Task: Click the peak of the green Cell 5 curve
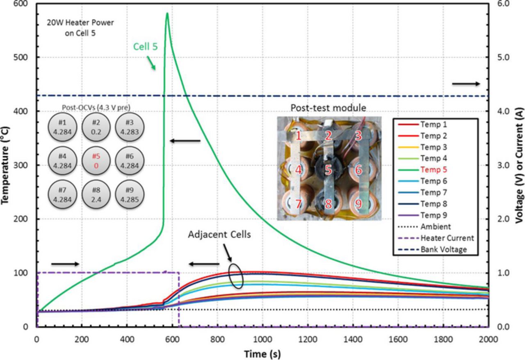(167, 14)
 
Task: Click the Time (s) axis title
(262, 353)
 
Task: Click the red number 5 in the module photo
(328, 169)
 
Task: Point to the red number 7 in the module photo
(298, 203)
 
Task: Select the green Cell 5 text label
(145, 47)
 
